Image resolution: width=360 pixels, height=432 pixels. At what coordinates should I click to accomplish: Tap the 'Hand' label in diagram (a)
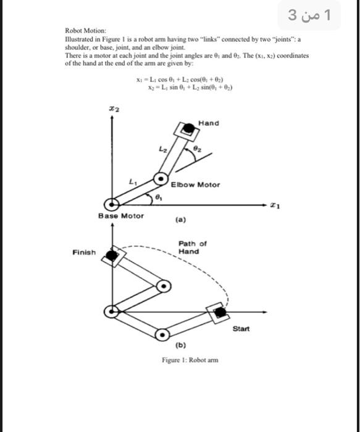(209, 123)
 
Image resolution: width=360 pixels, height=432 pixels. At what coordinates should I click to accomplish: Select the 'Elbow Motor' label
(195, 185)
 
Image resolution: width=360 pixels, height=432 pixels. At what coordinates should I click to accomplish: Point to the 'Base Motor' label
(121, 215)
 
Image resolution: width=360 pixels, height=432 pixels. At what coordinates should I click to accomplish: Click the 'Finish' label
(84, 252)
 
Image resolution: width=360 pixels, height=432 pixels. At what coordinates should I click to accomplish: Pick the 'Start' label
(241, 328)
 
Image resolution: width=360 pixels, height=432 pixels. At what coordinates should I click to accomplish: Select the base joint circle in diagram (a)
(112, 204)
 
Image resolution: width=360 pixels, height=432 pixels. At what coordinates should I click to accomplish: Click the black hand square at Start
(218, 312)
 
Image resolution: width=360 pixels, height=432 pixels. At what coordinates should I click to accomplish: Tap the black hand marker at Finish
(111, 254)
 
